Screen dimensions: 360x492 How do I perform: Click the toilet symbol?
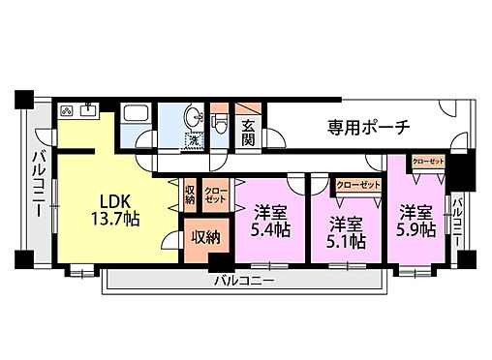tap(219, 122)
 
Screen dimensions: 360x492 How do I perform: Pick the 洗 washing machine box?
tap(193, 141)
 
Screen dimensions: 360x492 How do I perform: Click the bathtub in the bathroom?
tap(135, 121)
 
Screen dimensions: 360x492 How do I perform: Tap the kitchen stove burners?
tap(67, 109)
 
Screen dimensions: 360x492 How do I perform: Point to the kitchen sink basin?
tap(88, 109)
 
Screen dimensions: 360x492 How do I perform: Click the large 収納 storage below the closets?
tap(203, 237)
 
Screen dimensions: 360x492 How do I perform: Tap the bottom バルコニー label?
tap(244, 281)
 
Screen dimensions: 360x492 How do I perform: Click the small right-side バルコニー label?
tap(457, 222)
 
